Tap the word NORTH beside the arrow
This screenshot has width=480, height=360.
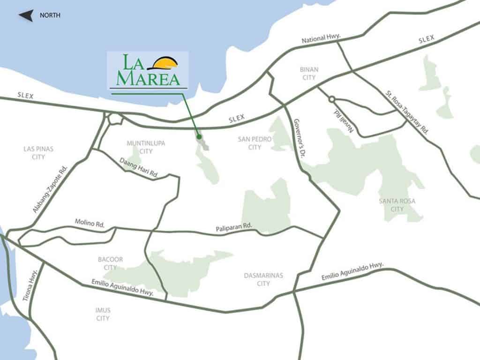point(50,15)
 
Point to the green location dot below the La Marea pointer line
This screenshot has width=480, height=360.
point(199,137)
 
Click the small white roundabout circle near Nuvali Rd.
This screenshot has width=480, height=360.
point(332,99)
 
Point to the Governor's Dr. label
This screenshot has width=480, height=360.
point(299,139)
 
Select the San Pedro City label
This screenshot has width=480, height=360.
point(249,143)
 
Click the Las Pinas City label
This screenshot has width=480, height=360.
point(38,153)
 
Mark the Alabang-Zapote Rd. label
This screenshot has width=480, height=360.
point(51,190)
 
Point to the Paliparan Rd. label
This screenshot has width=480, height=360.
point(234,227)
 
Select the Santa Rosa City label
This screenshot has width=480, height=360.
point(397,205)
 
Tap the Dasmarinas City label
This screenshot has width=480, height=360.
point(263,279)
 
